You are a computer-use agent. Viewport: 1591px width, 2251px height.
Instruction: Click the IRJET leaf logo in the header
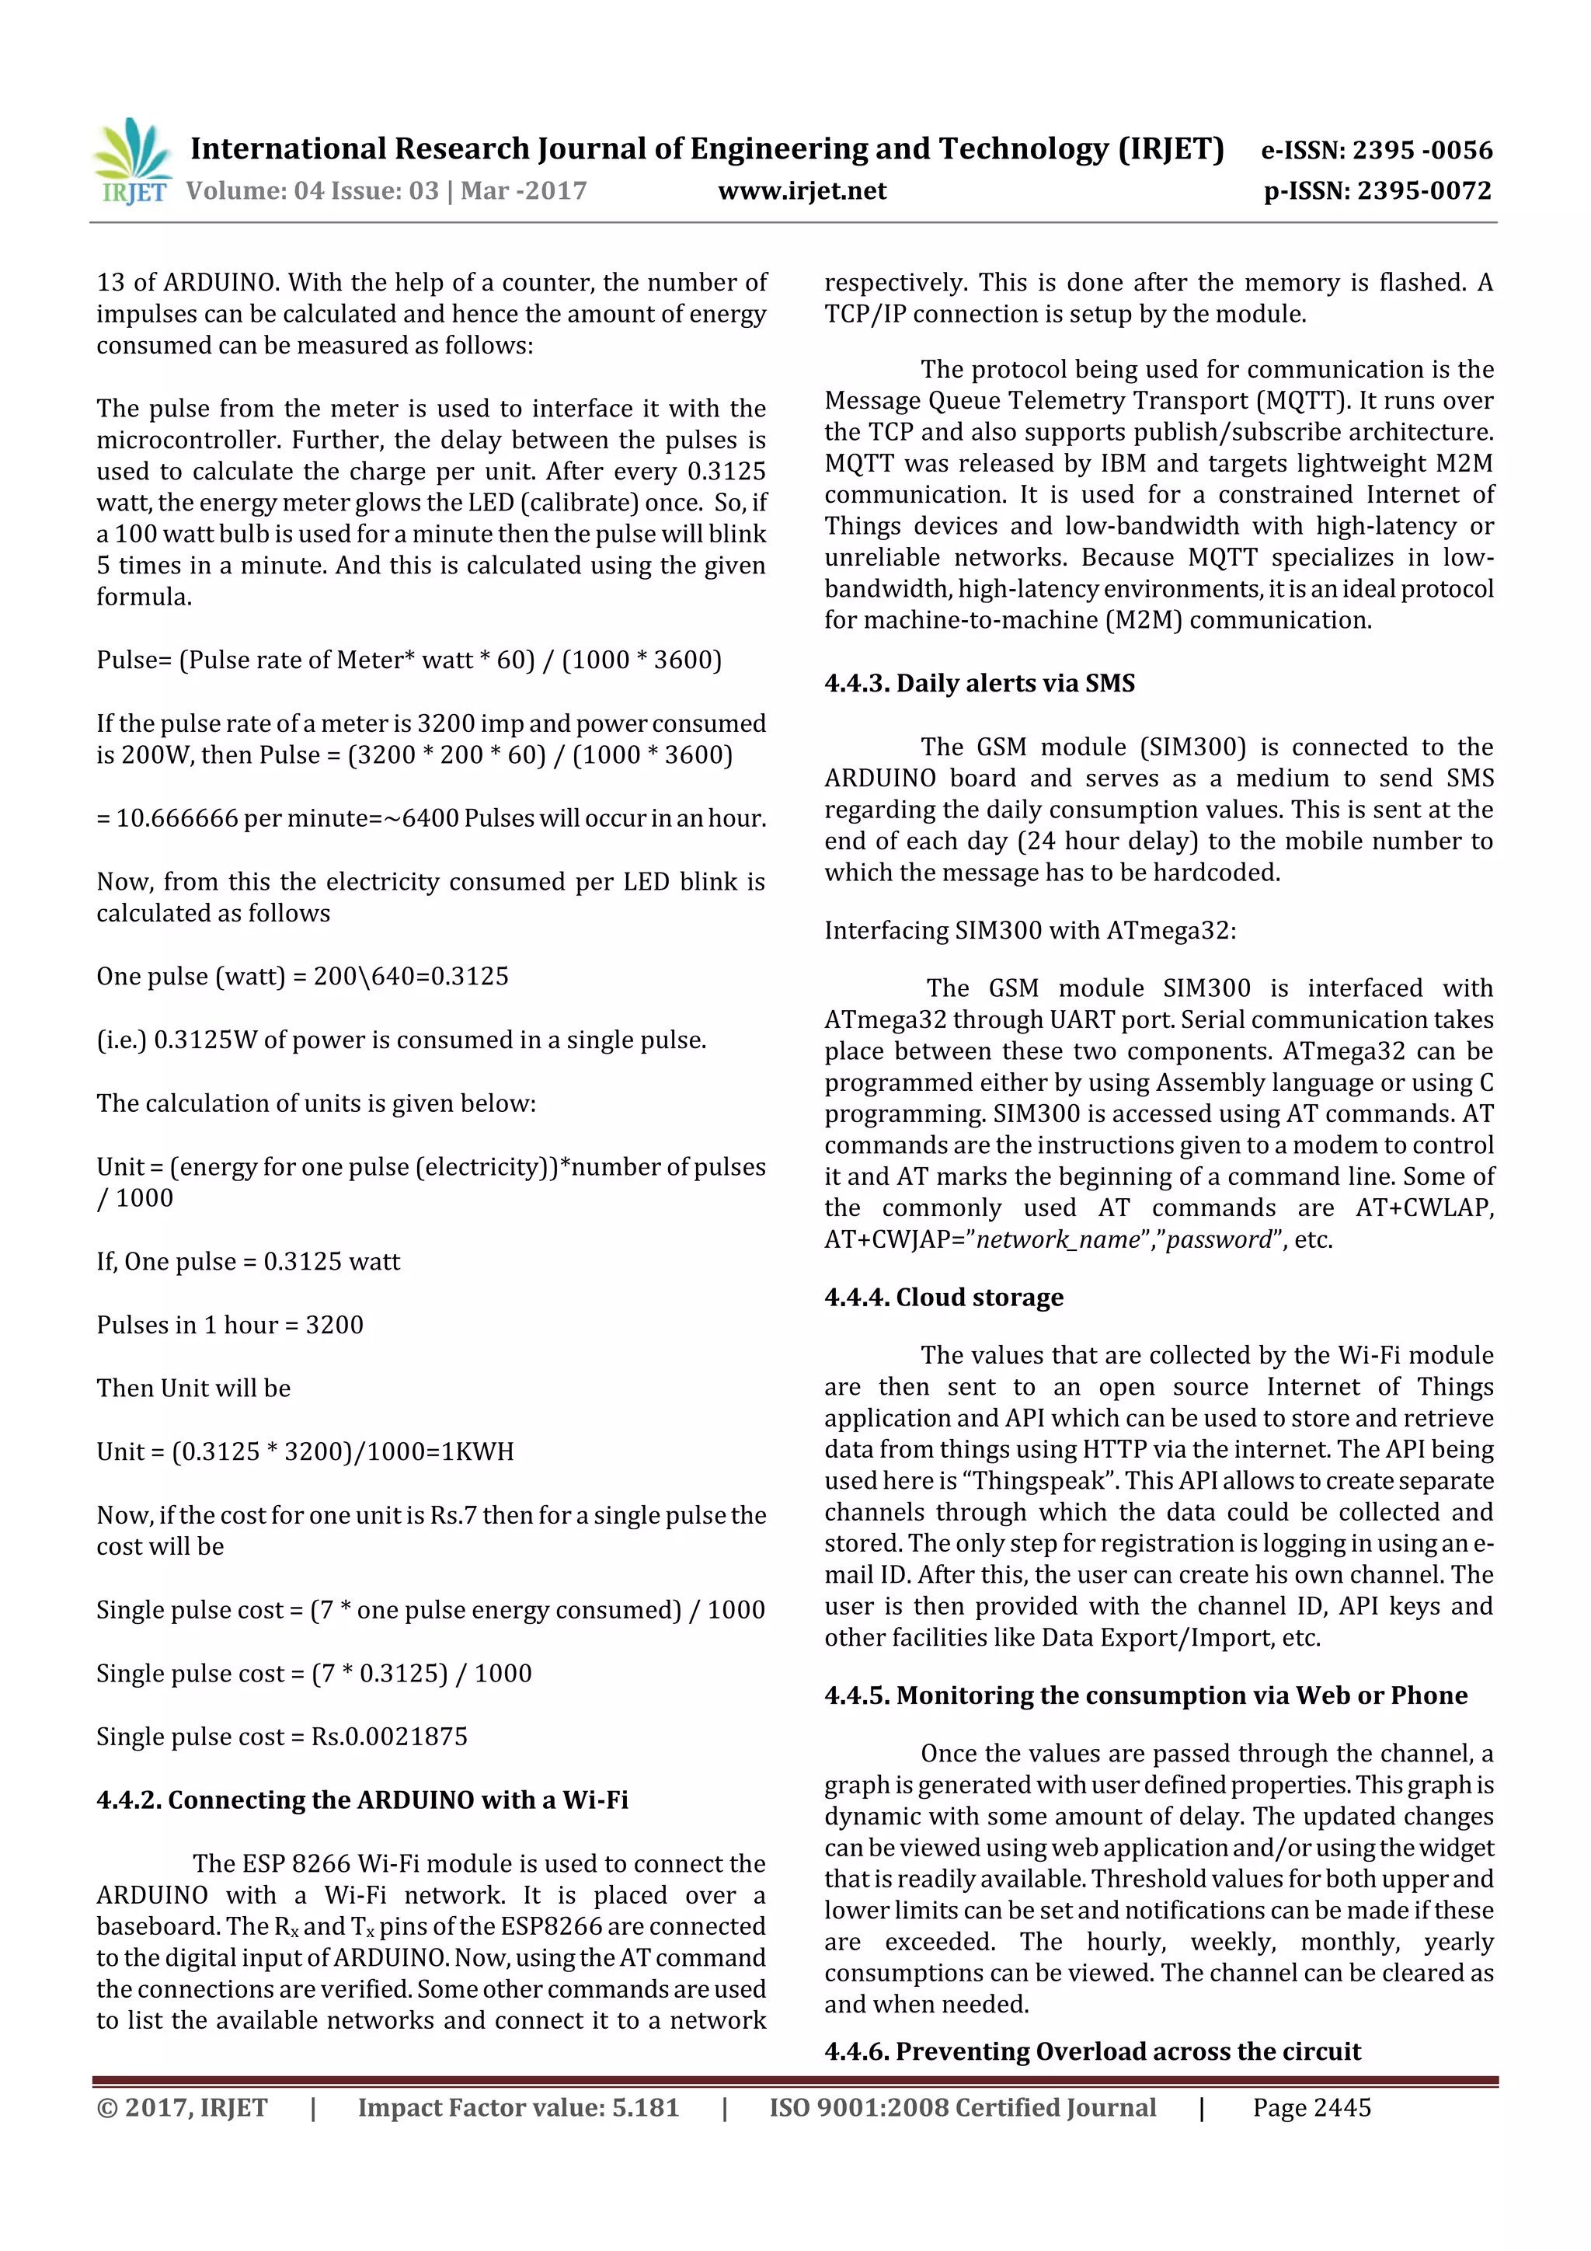pyautogui.click(x=132, y=161)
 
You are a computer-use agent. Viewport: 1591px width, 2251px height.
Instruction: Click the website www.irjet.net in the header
pyautogui.click(x=801, y=191)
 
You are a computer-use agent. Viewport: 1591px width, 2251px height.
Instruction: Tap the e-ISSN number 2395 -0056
pyautogui.click(x=1422, y=151)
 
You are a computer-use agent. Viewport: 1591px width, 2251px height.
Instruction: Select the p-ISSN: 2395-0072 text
pyautogui.click(x=1377, y=191)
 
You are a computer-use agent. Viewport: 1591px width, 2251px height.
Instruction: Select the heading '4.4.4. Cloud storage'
pyautogui.click(x=943, y=1297)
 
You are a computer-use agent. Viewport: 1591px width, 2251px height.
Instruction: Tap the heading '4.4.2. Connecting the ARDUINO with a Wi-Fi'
pyautogui.click(x=362, y=1800)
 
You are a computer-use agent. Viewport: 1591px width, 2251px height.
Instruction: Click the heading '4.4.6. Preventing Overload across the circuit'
pyautogui.click(x=1092, y=2052)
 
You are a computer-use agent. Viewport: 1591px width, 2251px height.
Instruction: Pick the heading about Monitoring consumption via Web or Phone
pyautogui.click(x=1145, y=1695)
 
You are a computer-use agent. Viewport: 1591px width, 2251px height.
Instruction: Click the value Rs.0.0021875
pyautogui.click(x=389, y=1737)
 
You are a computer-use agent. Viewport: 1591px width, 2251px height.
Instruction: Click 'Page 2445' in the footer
pyautogui.click(x=1311, y=2108)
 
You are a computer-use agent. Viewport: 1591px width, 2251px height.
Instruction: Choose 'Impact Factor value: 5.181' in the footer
pyautogui.click(x=517, y=2108)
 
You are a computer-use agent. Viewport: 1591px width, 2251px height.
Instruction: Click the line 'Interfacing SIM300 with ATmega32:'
pyautogui.click(x=1029, y=930)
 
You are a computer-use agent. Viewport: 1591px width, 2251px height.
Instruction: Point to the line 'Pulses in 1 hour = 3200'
pyautogui.click(x=229, y=1326)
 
